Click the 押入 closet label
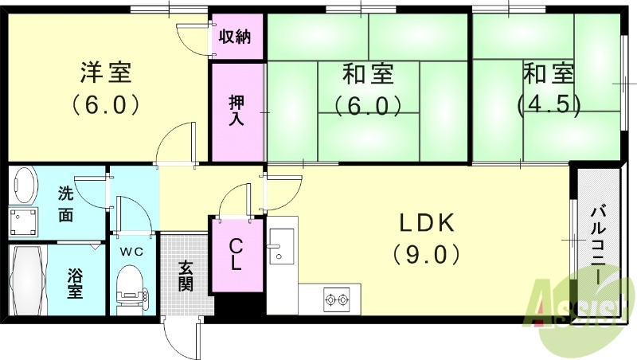pyautogui.click(x=236, y=111)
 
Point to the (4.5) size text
pyautogui.click(x=549, y=104)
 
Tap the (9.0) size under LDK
pyautogui.click(x=425, y=255)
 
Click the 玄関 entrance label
pyautogui.click(x=185, y=276)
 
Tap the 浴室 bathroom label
pyautogui.click(x=75, y=284)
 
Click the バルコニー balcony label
pyautogui.click(x=597, y=247)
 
